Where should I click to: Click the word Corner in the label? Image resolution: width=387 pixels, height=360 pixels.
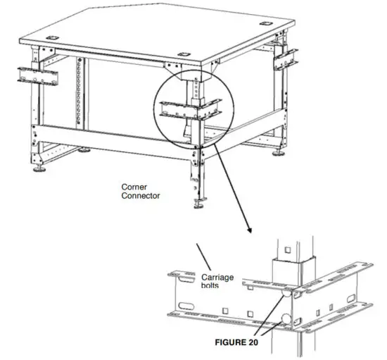[x=134, y=186]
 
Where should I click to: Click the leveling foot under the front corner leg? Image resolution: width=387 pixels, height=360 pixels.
[x=198, y=206]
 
